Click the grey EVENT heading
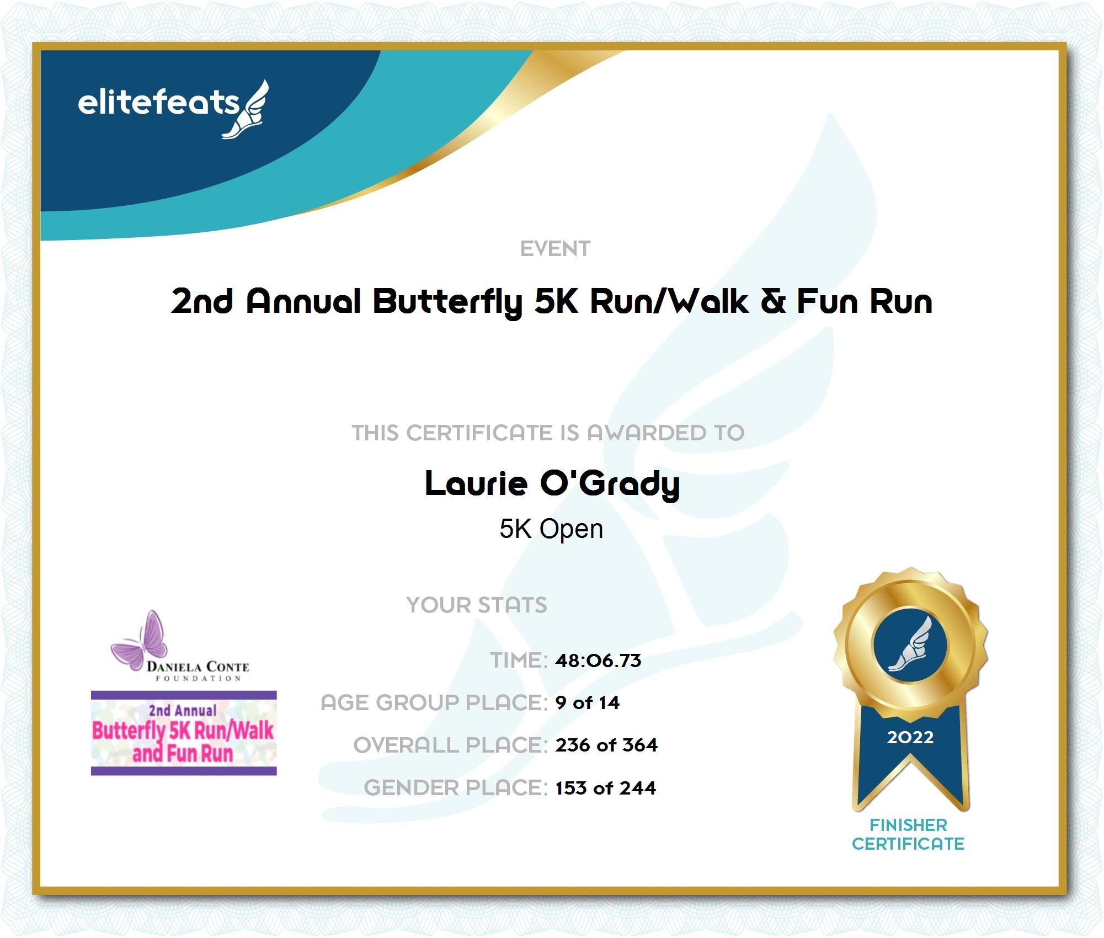tap(555, 249)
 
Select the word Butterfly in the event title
tap(447, 302)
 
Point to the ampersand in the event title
tap(773, 301)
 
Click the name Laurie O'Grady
tap(552, 484)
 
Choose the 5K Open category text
tap(551, 529)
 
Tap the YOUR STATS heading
tap(477, 605)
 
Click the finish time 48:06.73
tap(598, 660)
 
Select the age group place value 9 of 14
tap(587, 703)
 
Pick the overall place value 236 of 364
tap(606, 745)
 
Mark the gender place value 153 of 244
tap(605, 788)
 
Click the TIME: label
tap(519, 660)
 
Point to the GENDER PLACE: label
tap(456, 788)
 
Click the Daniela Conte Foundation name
tap(198, 671)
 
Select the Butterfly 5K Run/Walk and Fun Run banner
tap(184, 733)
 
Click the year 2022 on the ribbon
tap(910, 737)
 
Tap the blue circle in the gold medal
tap(910, 644)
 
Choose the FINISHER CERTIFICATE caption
tap(908, 835)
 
